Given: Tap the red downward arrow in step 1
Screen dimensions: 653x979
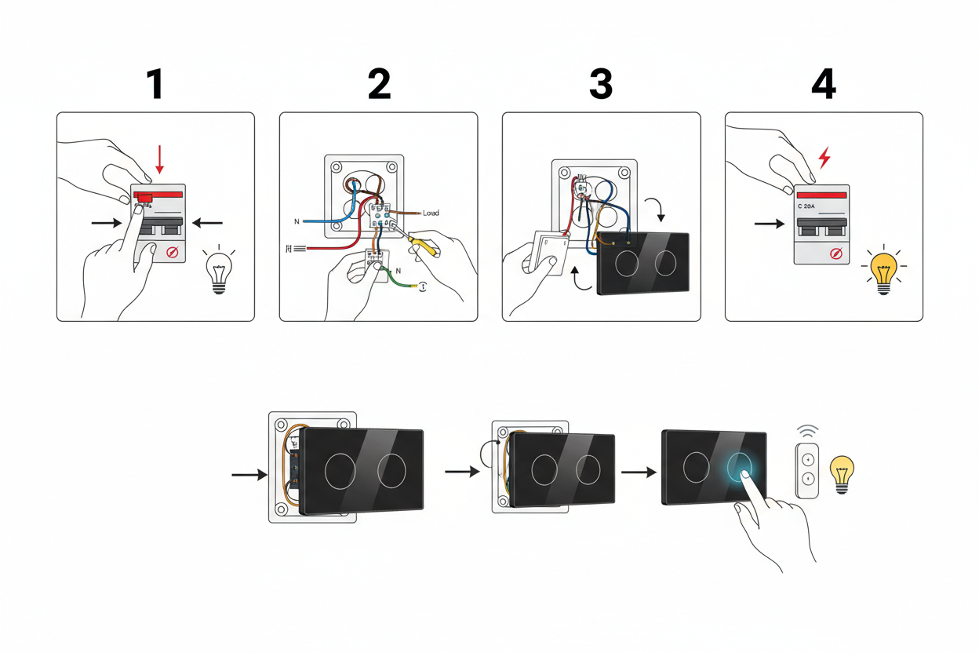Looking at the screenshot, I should pos(160,159).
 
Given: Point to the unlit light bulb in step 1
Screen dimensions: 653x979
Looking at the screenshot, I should pos(219,270).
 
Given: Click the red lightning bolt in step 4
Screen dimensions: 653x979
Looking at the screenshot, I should pos(824,158).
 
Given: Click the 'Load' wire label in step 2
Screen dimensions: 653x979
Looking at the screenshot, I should pos(431,213).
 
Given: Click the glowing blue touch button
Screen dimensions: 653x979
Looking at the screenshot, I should pos(742,468).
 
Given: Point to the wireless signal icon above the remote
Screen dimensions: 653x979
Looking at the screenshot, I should pos(807,432).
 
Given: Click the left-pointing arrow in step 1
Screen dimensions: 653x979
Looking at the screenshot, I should pos(207,223).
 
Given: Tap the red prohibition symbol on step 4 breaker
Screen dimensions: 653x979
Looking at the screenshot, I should pos(836,253).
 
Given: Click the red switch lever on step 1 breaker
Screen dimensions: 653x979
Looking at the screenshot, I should pos(144,200).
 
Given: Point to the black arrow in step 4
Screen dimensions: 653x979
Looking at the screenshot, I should pos(769,224).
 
